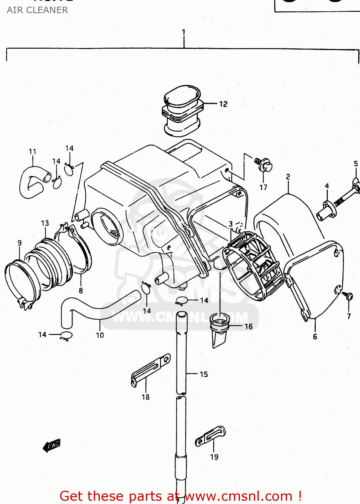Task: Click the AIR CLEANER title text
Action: click(x=37, y=10)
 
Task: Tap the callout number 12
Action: click(x=223, y=104)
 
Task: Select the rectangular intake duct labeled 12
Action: click(x=182, y=111)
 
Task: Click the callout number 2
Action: click(x=288, y=177)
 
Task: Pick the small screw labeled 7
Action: click(x=348, y=296)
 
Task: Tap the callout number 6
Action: click(x=315, y=336)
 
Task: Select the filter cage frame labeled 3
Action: click(x=254, y=265)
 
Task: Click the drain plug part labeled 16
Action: click(x=219, y=328)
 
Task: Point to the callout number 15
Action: click(x=204, y=374)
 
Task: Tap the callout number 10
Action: click(x=100, y=335)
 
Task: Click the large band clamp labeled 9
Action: click(x=20, y=282)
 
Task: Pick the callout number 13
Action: click(x=45, y=223)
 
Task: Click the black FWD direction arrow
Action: click(x=51, y=446)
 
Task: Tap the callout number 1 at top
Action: click(x=184, y=32)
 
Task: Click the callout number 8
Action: click(x=81, y=290)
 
